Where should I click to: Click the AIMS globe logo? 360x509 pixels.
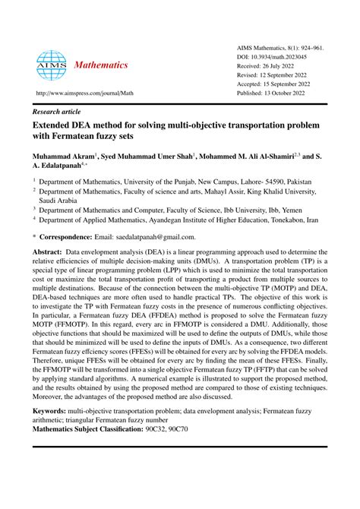pyautogui.click(x=51, y=65)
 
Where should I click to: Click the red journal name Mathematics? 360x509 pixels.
pyautogui.click(x=101, y=65)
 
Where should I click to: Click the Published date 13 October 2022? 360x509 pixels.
pyautogui.click(x=271, y=93)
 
